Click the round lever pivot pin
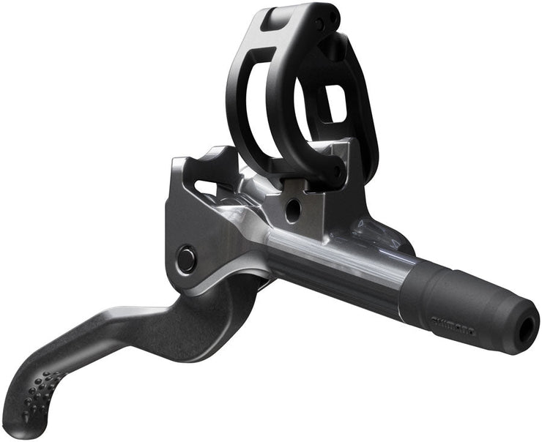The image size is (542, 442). point(186,258)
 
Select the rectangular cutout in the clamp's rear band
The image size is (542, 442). point(334,102)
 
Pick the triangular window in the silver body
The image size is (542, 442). point(208,187)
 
